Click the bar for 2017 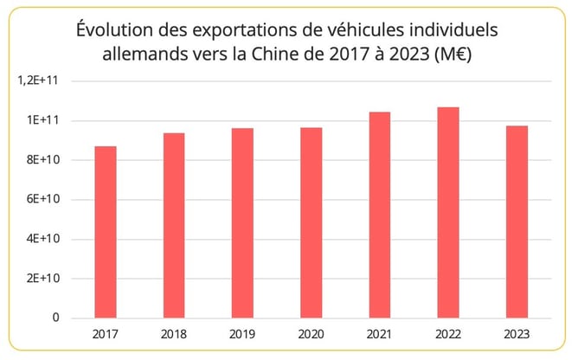coord(106,232)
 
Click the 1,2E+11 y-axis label coord(40,80)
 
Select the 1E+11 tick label coord(43,120)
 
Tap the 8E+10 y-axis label coord(43,160)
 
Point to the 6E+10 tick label coord(43,199)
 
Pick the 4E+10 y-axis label coord(43,239)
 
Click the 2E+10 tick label coord(43,279)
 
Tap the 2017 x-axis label coord(106,334)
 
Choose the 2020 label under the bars coord(311,334)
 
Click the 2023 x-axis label coord(517,334)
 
